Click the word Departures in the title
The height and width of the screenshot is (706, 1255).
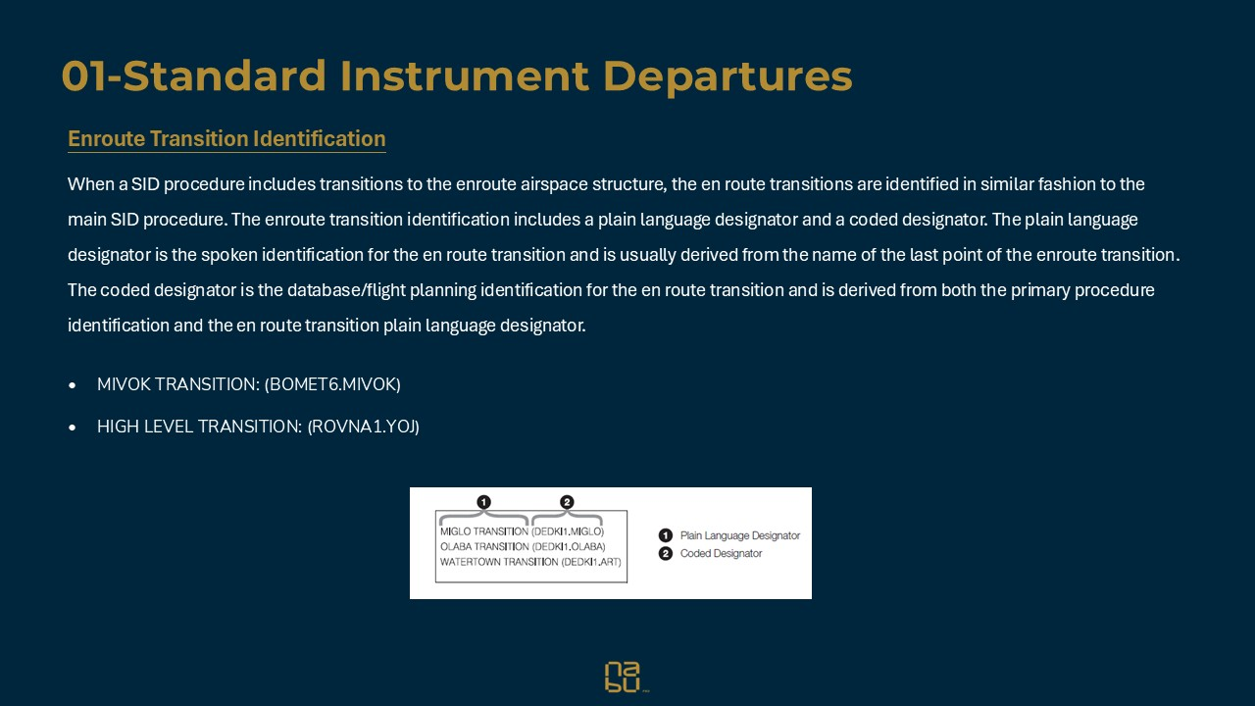(727, 76)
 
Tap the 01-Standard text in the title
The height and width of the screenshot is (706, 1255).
(195, 76)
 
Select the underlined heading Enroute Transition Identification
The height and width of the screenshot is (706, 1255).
(226, 139)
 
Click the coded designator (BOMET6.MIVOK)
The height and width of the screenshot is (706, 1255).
(332, 384)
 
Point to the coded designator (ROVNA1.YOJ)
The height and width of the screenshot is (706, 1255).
(364, 427)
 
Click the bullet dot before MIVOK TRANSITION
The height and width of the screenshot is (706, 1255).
(73, 385)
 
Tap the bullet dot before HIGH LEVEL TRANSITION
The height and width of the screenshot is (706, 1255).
(73, 428)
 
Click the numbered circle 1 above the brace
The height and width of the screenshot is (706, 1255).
(483, 502)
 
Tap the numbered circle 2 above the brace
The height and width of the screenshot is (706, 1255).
(567, 502)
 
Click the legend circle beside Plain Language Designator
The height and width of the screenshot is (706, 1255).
(666, 535)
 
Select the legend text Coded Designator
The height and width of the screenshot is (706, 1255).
(721, 553)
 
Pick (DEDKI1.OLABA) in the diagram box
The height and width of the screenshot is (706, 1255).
(569, 546)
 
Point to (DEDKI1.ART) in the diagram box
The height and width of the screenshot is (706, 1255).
(592, 562)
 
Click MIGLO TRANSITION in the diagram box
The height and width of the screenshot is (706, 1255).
(483, 531)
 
